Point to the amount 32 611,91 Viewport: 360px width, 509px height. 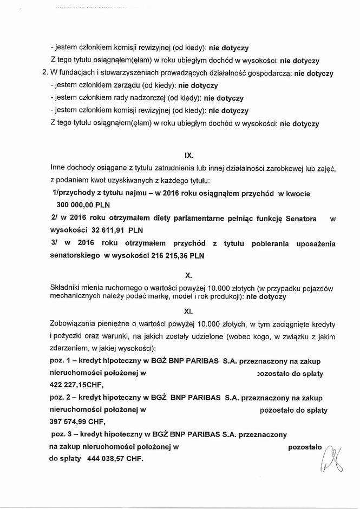coord(105,229)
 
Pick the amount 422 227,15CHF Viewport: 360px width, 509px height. coord(75,385)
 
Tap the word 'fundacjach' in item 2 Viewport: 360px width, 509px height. coord(77,73)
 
